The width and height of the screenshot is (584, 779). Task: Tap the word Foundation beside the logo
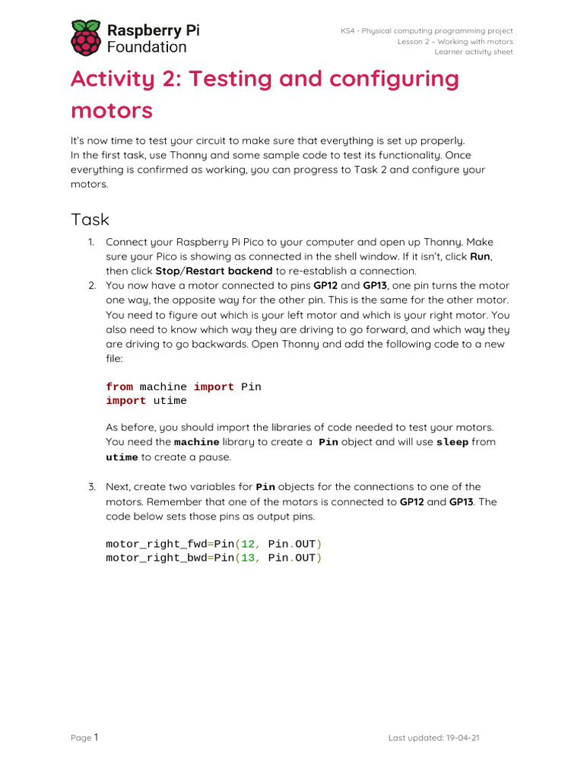[146, 47]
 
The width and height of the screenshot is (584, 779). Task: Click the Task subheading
[90, 220]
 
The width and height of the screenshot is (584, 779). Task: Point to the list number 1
[90, 242]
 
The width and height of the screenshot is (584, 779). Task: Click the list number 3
[90, 487]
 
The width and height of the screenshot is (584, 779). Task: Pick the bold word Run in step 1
[480, 256]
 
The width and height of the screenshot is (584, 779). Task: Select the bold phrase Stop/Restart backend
[214, 271]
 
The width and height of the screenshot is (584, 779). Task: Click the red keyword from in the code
[119, 386]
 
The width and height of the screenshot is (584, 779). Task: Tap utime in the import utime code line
[170, 401]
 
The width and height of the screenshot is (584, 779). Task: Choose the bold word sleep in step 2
[452, 442]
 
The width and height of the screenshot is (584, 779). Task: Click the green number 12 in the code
[249, 544]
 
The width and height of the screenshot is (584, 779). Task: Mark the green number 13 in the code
[249, 558]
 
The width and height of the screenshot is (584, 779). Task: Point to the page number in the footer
[96, 736]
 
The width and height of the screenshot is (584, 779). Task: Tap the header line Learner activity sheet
[473, 52]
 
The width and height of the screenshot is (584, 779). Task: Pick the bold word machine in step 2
[197, 442]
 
